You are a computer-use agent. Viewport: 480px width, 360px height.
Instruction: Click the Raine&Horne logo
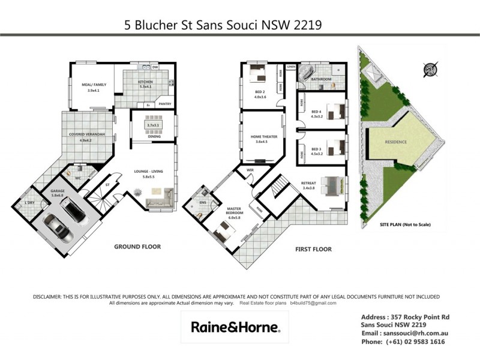235,327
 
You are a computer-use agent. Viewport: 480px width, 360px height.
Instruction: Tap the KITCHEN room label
146,82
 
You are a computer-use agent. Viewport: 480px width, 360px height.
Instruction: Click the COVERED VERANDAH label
88,134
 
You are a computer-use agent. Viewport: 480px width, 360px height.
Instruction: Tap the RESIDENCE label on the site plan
395,142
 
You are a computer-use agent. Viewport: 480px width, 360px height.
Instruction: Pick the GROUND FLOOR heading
137,246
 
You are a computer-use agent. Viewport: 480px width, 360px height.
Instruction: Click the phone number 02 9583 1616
420,341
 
